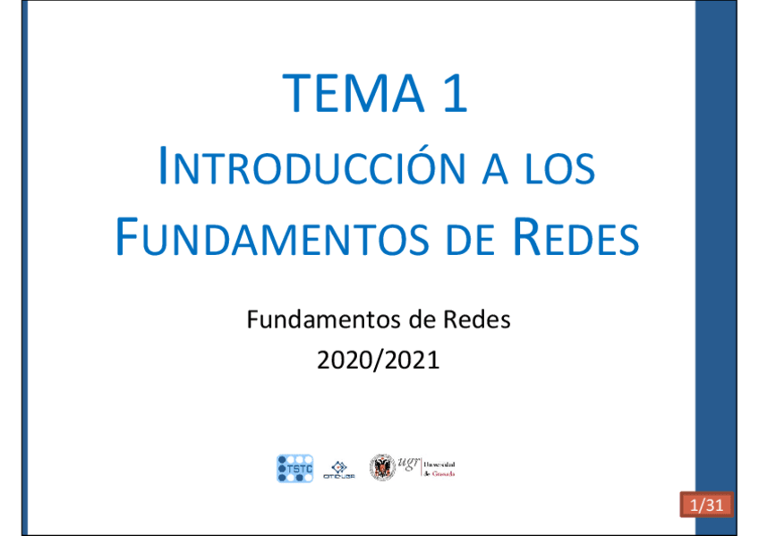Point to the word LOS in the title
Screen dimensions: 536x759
coord(560,170)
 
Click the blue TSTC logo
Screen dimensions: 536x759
coord(295,468)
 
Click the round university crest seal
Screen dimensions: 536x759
coord(382,467)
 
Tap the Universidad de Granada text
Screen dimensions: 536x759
coord(439,469)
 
